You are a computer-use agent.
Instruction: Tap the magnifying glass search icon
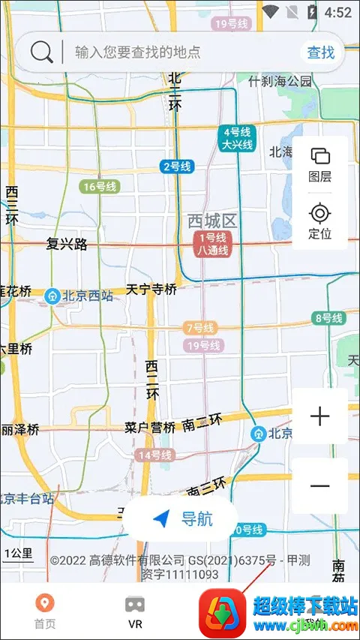(x=42, y=52)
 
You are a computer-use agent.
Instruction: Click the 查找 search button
(x=320, y=52)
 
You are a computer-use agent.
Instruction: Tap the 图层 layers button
(x=320, y=165)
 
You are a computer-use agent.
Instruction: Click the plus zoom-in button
(x=320, y=416)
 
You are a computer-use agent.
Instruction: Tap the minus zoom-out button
(x=320, y=485)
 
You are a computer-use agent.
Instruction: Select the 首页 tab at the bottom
(x=45, y=611)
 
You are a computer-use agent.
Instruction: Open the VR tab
(x=135, y=611)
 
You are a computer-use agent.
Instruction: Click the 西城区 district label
(x=212, y=221)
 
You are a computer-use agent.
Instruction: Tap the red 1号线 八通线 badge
(x=212, y=245)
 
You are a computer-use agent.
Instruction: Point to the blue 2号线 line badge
(x=177, y=167)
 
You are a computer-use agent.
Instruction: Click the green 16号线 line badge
(x=100, y=187)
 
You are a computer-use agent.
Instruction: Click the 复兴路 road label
(x=67, y=244)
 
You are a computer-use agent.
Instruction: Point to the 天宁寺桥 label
(x=151, y=289)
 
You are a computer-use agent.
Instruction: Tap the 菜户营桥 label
(x=150, y=428)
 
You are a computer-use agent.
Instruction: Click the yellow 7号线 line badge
(x=199, y=328)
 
